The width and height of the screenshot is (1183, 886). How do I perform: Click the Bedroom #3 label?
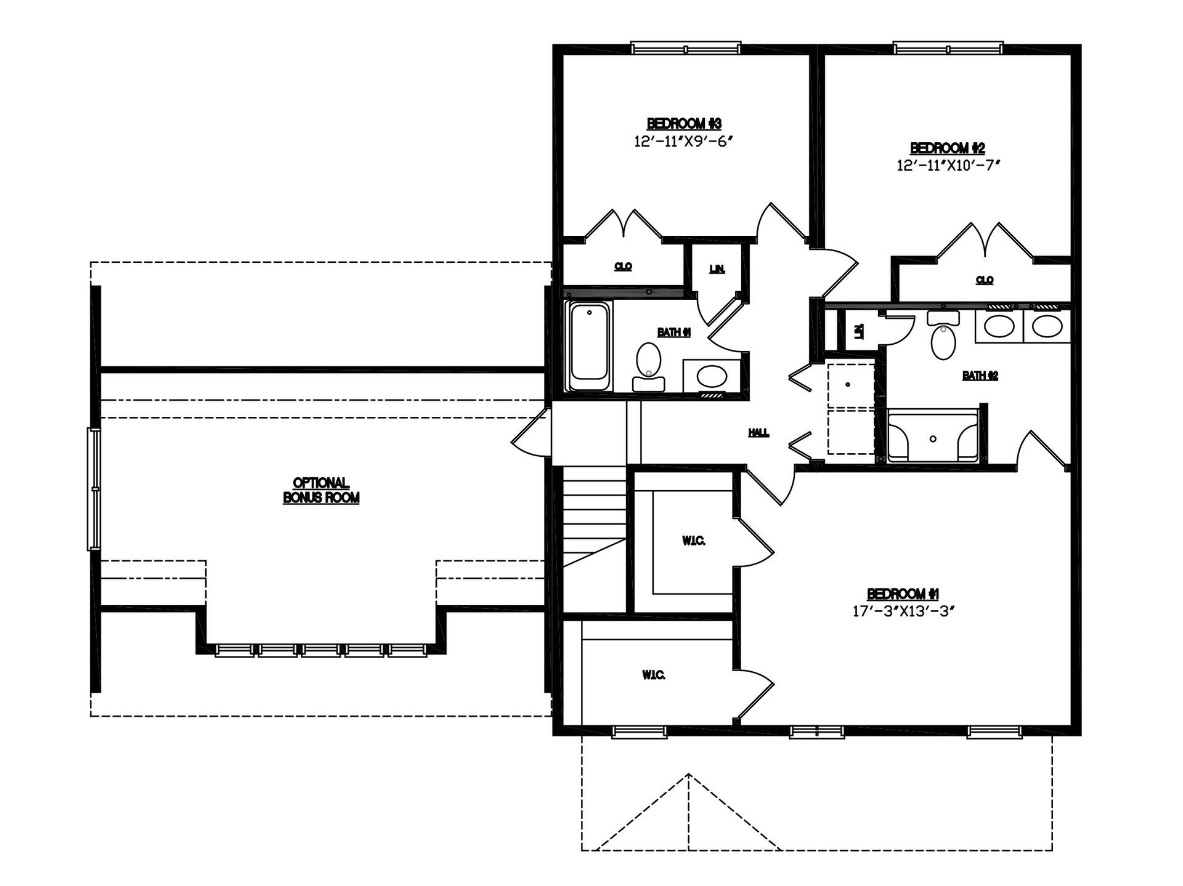tap(684, 124)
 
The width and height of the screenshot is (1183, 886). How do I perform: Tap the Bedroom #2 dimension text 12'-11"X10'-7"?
tap(948, 165)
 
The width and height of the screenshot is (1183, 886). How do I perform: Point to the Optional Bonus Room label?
tap(321, 491)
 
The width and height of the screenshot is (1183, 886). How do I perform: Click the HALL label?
tap(758, 433)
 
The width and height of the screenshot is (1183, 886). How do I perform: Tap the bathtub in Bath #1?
tap(589, 345)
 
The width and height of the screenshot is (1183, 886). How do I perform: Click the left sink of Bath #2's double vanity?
tap(999, 326)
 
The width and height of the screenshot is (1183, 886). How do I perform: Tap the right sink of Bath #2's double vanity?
tap(1047, 326)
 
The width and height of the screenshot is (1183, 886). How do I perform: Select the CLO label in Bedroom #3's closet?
tap(623, 267)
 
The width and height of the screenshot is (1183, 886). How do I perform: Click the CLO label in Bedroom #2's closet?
tap(985, 280)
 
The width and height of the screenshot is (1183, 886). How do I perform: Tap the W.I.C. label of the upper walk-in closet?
tap(693, 541)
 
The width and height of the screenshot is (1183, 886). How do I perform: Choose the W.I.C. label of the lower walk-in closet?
tap(653, 675)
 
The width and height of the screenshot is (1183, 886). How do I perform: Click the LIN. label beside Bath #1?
tap(717, 269)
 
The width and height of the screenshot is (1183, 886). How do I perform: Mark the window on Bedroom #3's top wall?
tap(685, 49)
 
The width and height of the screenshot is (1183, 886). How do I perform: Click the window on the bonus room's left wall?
tap(94, 489)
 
